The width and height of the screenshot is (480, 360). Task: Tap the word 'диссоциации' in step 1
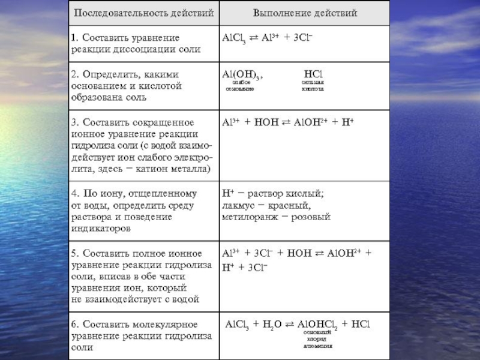[x=139, y=49]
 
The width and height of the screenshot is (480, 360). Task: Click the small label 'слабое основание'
[x=240, y=85]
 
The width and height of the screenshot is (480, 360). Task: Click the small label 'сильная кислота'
[x=313, y=85]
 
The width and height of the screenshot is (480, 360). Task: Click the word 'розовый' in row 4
[x=311, y=217]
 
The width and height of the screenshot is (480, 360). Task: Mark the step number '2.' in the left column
[x=75, y=74]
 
